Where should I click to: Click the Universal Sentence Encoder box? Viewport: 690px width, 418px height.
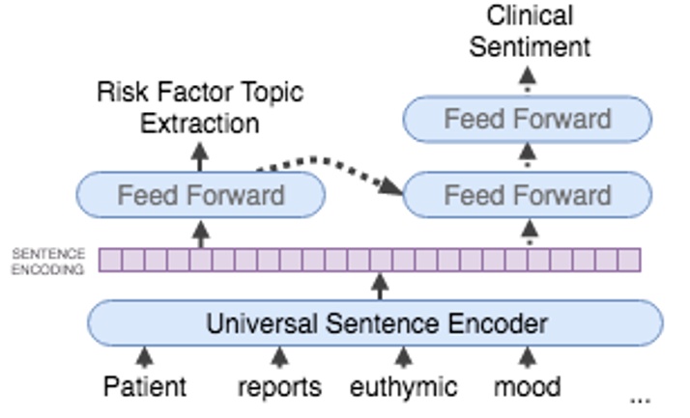[x=376, y=323]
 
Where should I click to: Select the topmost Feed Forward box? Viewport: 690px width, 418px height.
[x=527, y=120]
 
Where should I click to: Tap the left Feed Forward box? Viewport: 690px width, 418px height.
[x=201, y=195]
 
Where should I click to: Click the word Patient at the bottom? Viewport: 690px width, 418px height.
[x=144, y=387]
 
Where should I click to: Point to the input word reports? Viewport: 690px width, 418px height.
[x=279, y=387]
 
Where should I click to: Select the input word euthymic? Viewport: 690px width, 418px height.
[x=403, y=387]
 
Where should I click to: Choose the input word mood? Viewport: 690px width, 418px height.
[x=527, y=387]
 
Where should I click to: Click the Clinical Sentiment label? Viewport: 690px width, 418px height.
[x=529, y=31]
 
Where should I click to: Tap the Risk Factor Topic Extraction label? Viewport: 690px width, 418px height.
[x=200, y=108]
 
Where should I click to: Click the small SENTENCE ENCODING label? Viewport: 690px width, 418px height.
[x=48, y=262]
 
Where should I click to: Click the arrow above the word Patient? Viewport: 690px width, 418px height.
[x=144, y=358]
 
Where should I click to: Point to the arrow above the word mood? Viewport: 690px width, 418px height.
[x=527, y=358]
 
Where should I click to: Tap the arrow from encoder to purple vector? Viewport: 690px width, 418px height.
[x=380, y=286]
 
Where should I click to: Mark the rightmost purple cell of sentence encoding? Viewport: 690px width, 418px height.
[x=630, y=260]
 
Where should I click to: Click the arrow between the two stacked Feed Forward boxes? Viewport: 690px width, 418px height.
[x=528, y=155]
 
